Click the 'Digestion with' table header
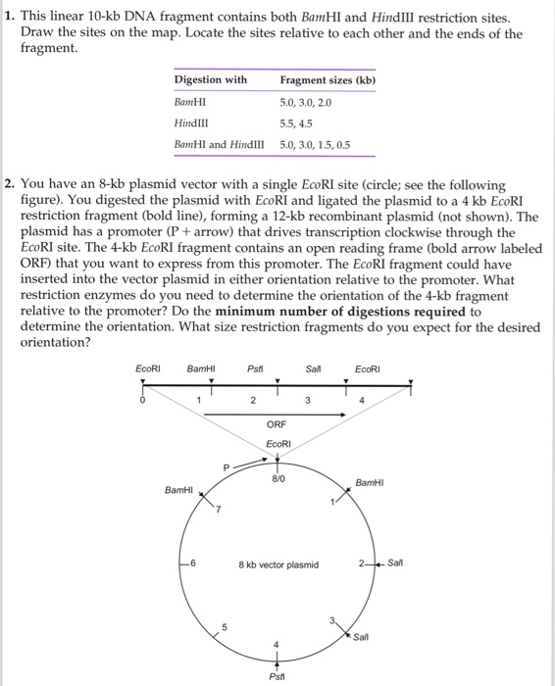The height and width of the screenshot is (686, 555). coord(210,79)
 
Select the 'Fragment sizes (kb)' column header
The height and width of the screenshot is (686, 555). coord(328,79)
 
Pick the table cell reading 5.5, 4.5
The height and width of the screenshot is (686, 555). coord(295,122)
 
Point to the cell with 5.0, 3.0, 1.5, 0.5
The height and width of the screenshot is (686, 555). coord(315,144)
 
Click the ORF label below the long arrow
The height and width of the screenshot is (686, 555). coord(277,423)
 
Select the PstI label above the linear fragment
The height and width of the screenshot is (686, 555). coord(253,368)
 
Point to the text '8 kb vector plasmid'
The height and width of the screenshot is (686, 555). coord(278,564)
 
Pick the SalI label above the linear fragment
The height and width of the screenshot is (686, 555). coord(314,368)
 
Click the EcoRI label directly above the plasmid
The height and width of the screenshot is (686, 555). coord(278,444)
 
